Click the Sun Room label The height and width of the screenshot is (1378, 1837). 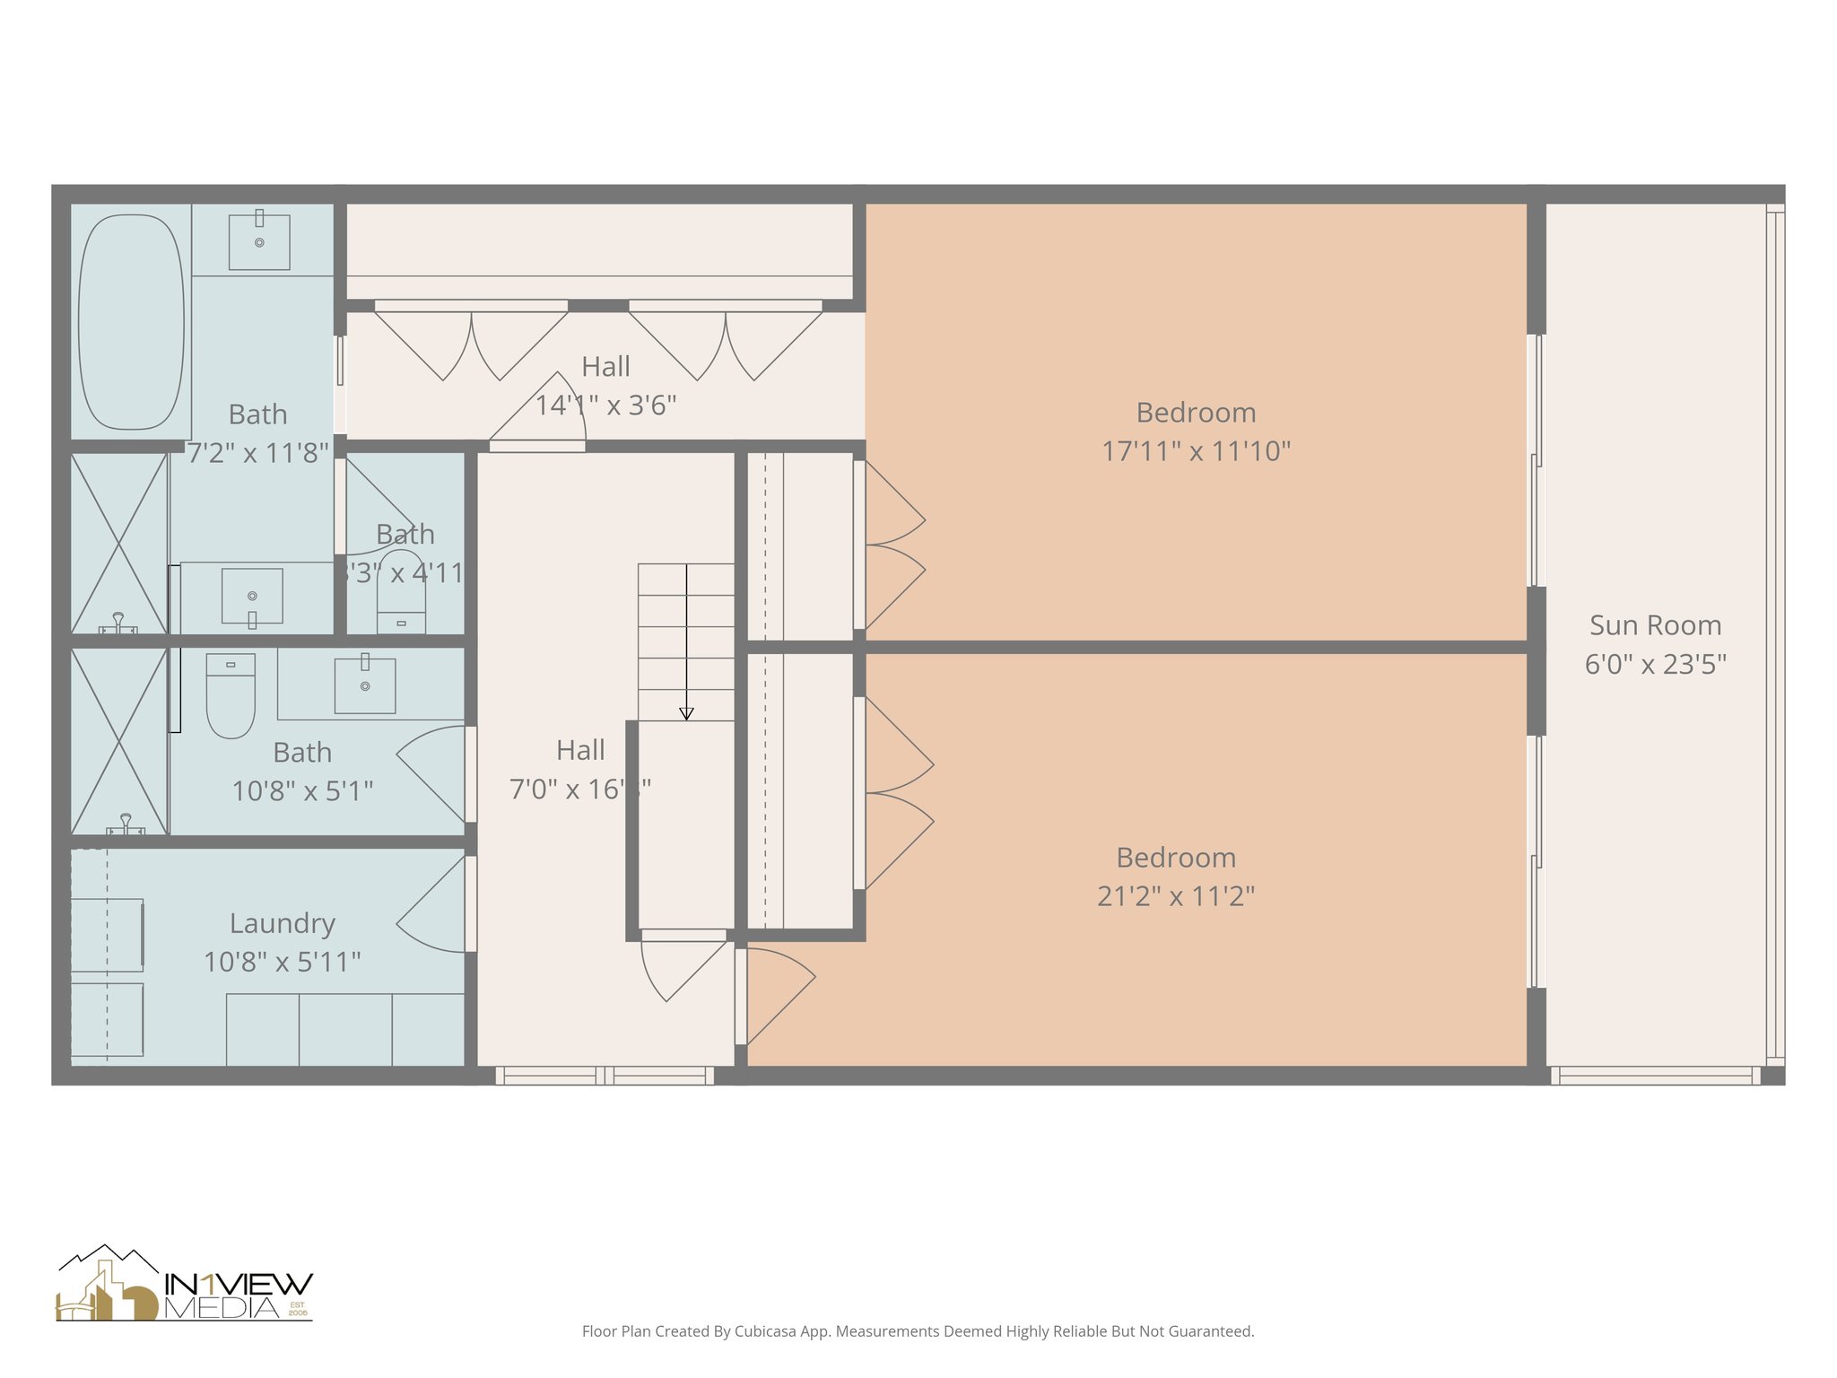pyautogui.click(x=1655, y=625)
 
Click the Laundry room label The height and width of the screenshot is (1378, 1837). pyautogui.click(x=283, y=923)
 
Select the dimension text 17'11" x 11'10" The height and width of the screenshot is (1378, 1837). pyautogui.click(x=1196, y=450)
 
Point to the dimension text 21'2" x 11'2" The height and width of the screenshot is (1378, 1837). pyautogui.click(x=1176, y=895)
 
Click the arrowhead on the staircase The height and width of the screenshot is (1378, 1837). pyautogui.click(x=686, y=714)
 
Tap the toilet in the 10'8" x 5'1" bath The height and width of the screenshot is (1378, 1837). pyautogui.click(x=231, y=695)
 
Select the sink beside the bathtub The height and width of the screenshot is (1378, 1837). pyautogui.click(x=259, y=241)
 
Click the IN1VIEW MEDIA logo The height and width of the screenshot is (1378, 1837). pyautogui.click(x=185, y=1285)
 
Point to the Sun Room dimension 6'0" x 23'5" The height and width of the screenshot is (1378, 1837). pyautogui.click(x=1655, y=664)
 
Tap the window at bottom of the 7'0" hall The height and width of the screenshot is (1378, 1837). pyautogui.click(x=605, y=1075)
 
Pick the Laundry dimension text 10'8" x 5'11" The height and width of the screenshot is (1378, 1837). pyautogui.click(x=283, y=962)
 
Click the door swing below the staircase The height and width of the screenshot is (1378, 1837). pyautogui.click(x=682, y=969)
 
